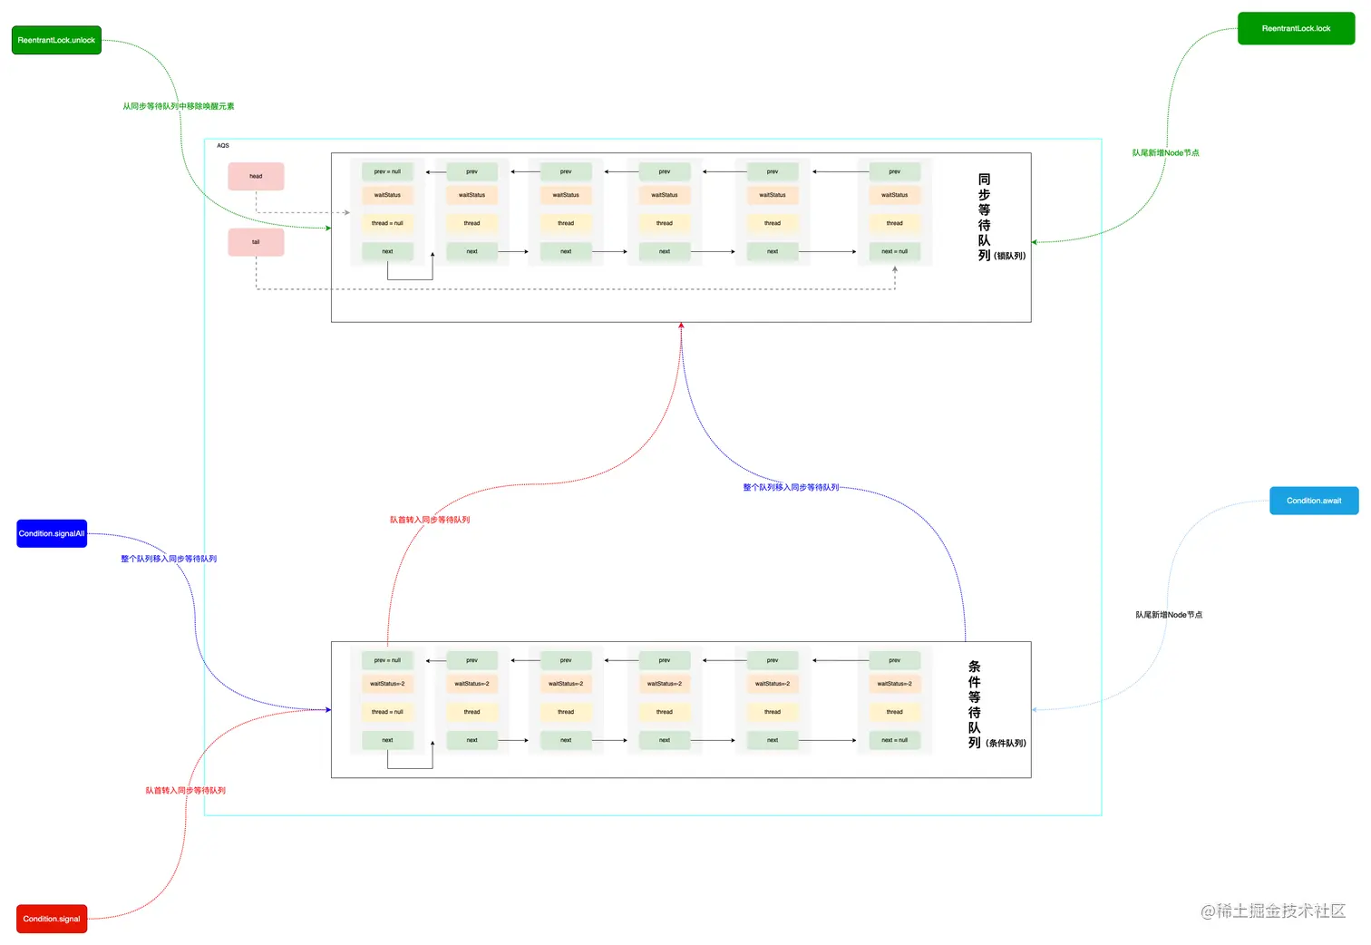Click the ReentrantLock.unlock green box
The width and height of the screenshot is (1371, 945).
[56, 40]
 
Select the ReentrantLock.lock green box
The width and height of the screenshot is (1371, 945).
[1296, 28]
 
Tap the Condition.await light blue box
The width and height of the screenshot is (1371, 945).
[1313, 501]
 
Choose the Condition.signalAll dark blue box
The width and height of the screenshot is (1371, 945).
[52, 533]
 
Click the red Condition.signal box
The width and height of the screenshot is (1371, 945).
[52, 919]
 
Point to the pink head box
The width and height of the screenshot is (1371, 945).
[256, 176]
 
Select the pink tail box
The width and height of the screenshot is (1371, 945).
[256, 242]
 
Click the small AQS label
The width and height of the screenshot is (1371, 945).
[223, 145]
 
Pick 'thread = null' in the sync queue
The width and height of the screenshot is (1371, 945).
[387, 223]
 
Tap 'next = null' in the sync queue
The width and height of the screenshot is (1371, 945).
[894, 251]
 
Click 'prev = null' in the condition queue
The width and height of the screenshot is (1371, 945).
[387, 660]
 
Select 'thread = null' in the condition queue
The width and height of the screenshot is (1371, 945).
[387, 712]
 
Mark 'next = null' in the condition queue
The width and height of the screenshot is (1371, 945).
[894, 740]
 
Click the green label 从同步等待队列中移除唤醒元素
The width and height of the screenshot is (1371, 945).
[179, 106]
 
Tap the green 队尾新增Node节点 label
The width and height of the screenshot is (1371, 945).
[1165, 152]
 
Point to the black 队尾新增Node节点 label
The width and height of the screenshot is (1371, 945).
[1169, 615]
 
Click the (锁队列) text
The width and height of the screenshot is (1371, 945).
[1009, 256]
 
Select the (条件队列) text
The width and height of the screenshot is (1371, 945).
[1006, 743]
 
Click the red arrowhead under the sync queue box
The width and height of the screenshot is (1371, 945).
[681, 326]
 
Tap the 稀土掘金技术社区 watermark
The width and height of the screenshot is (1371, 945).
[1273, 911]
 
